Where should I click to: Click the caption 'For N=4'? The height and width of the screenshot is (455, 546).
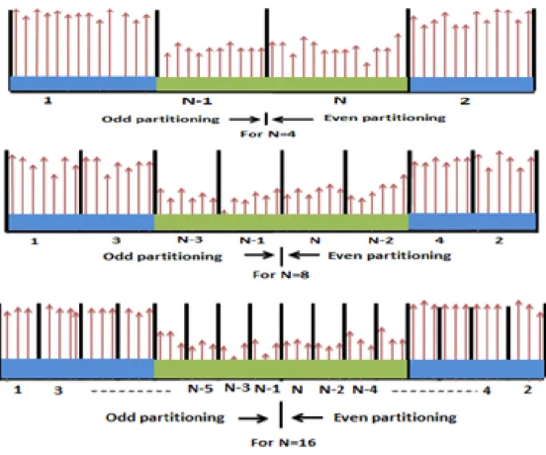[x=268, y=135]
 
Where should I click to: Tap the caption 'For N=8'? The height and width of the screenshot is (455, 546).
[x=281, y=275]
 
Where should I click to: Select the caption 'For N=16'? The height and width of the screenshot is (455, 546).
[x=284, y=443]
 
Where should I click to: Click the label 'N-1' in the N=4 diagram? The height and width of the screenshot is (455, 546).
[x=197, y=101]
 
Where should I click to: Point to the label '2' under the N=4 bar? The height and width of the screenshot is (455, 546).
[x=465, y=101]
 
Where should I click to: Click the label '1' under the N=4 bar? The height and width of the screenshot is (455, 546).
[x=47, y=101]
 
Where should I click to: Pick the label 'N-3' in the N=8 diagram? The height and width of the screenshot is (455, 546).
[x=190, y=239]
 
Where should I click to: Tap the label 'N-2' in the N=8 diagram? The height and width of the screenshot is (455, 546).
[x=381, y=240]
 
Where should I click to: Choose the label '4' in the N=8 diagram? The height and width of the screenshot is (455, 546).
[x=439, y=240]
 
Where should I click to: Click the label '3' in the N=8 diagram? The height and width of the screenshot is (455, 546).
[x=117, y=240]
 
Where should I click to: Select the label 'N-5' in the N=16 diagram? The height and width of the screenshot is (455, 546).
[x=200, y=389]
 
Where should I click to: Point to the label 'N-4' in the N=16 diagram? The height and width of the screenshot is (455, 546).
[x=365, y=389]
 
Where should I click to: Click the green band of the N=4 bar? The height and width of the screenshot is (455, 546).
[x=282, y=84]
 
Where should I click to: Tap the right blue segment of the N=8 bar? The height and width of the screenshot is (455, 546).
[x=472, y=222]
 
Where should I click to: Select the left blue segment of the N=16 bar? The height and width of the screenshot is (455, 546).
[x=77, y=368]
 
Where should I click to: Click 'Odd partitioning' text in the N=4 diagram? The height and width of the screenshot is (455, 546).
[x=160, y=120]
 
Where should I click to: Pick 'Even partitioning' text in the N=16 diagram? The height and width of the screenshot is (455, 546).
[x=395, y=417]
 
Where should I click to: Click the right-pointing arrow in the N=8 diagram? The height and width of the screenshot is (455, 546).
[x=259, y=255]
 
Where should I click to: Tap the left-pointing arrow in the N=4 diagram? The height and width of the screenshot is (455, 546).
[x=293, y=120]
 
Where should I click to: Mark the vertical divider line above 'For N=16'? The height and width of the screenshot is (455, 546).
[x=281, y=414]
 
